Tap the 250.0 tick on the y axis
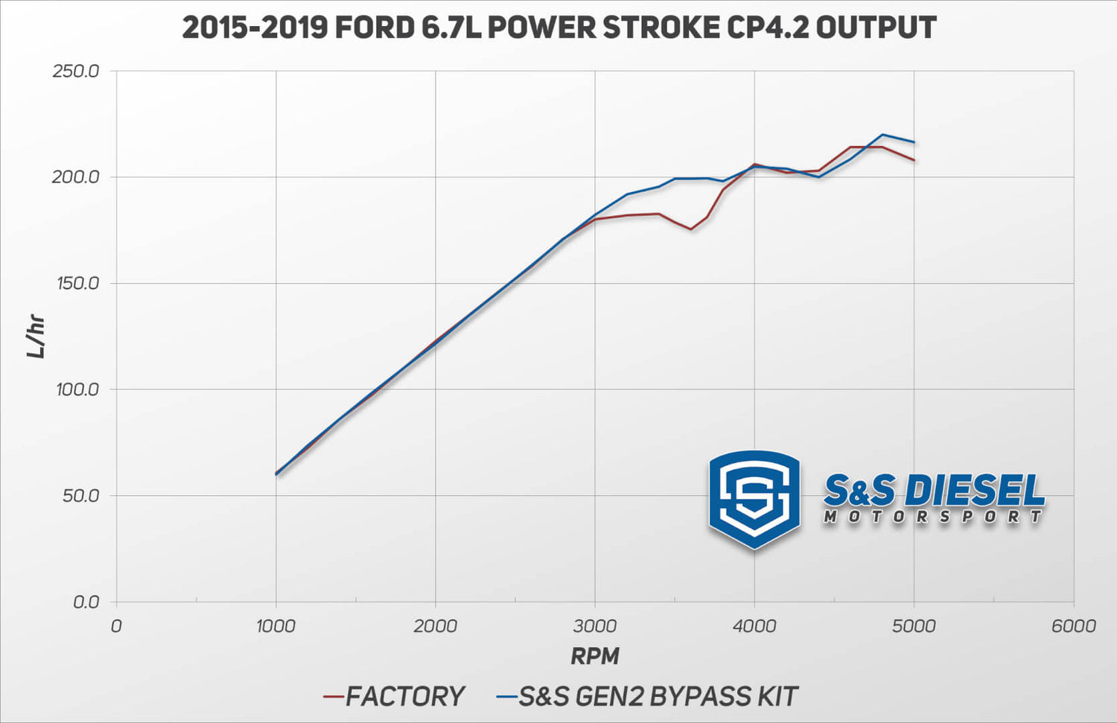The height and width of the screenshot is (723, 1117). [76, 71]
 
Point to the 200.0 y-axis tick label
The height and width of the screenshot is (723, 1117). [76, 177]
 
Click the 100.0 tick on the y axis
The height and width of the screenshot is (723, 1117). [77, 389]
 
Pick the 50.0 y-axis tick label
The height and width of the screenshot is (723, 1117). [80, 496]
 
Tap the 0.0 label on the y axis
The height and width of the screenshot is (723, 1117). [86, 602]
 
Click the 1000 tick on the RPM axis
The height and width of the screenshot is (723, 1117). [276, 626]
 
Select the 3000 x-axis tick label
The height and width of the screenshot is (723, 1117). [594, 626]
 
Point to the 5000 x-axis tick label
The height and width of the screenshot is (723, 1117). [914, 626]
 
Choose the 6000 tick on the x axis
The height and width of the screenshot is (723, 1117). [1073, 626]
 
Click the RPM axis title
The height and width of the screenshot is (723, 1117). [594, 656]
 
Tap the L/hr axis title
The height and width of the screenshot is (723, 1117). [36, 337]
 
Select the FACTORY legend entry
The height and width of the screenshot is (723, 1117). [404, 696]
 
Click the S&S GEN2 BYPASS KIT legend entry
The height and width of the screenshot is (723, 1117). [658, 696]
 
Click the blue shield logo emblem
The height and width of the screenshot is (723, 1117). [754, 499]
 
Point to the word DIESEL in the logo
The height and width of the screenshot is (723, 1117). [977, 491]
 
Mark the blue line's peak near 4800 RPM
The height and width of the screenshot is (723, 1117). [882, 135]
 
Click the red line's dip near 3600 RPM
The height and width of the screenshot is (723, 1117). [690, 229]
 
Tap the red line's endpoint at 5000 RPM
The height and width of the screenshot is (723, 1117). [914, 160]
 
